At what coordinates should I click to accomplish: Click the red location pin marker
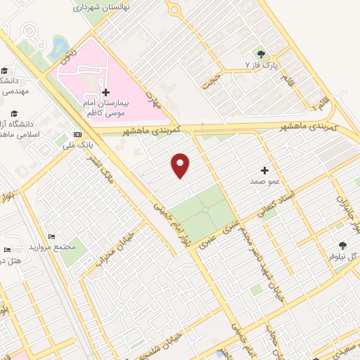[x=181, y=165]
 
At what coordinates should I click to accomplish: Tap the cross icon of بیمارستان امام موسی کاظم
[x=105, y=92]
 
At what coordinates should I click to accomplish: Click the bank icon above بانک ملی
[x=77, y=134]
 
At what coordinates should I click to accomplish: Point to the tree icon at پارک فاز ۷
[x=262, y=53]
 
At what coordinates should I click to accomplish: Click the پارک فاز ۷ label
[x=257, y=65]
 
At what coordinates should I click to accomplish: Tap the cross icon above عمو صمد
[x=264, y=170]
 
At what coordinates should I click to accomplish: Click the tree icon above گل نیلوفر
[x=342, y=245]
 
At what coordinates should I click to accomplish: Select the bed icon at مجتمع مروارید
[x=51, y=236]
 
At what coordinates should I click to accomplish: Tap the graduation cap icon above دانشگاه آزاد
[x=13, y=113]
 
